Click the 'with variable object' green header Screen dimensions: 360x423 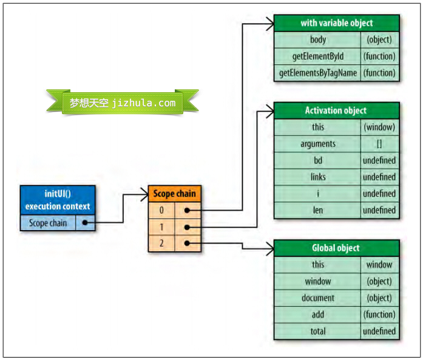pos(337,23)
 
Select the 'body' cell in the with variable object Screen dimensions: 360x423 pos(318,39)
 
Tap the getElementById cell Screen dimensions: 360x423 pos(318,56)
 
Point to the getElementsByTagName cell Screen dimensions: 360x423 pos(318,73)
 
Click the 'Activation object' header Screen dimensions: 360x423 pos(337,110)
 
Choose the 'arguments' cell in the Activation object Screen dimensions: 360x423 pos(318,144)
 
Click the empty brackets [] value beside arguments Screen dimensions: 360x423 pos(379,144)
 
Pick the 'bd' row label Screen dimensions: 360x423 pos(318,160)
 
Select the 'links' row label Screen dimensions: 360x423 pos(318,177)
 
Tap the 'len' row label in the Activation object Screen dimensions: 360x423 pos(318,210)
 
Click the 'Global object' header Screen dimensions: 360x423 pos(337,248)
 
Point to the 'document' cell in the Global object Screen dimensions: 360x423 pos(318,298)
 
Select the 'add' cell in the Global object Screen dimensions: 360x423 pos(318,314)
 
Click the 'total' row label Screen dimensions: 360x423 pos(318,331)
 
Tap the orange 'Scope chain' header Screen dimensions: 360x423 pos(174,194)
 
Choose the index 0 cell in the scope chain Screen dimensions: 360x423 pos(161,210)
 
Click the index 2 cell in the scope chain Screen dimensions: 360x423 pos(161,243)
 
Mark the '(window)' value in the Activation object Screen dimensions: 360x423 pos(379,127)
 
